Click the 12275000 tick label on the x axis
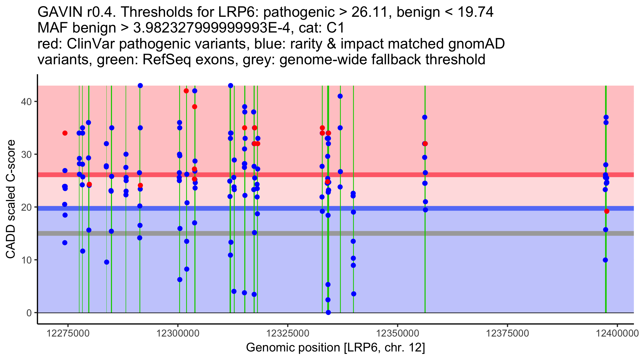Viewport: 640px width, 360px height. pyautogui.click(x=68, y=333)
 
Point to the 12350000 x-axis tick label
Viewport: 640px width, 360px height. pyautogui.click(x=398, y=333)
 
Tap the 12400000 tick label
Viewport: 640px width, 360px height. pyautogui.click(x=617, y=333)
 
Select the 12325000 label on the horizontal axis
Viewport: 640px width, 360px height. pyautogui.click(x=288, y=333)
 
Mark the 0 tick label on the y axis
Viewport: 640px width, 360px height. pyautogui.click(x=29, y=313)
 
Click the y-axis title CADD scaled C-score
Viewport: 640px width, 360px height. pyautogui.click(x=11, y=199)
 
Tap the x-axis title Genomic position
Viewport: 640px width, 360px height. pyautogui.click(x=335, y=348)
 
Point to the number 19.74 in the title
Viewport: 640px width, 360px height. pyautogui.click(x=475, y=12)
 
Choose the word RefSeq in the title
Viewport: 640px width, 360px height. pyautogui.click(x=166, y=60)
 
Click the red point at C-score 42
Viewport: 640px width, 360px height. pyautogui.click(x=186, y=91)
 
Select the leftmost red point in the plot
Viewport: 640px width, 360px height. pyautogui.click(x=65, y=133)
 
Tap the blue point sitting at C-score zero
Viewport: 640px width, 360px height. pyautogui.click(x=328, y=313)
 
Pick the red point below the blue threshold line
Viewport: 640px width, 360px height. pyautogui.click(x=607, y=211)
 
